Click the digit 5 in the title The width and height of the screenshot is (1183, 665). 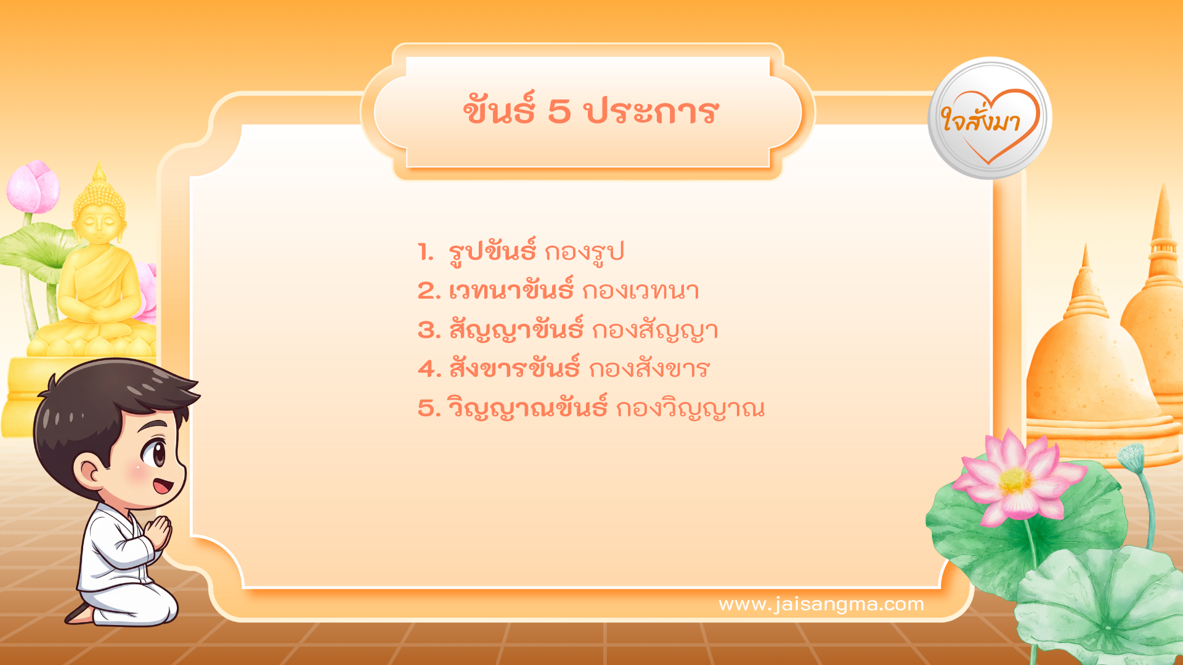[x=559, y=111]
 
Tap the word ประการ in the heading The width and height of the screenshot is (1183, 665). [x=652, y=111]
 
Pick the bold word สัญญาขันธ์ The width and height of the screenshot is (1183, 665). [x=516, y=330]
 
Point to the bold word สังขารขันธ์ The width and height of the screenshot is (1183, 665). [x=514, y=369]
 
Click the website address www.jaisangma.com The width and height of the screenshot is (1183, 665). [x=821, y=604]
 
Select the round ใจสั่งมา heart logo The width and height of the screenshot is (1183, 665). [x=990, y=118]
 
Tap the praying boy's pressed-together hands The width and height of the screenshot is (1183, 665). [x=160, y=532]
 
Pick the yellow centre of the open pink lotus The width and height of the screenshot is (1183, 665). [x=1015, y=480]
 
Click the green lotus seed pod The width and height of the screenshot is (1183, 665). [x=1131, y=457]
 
